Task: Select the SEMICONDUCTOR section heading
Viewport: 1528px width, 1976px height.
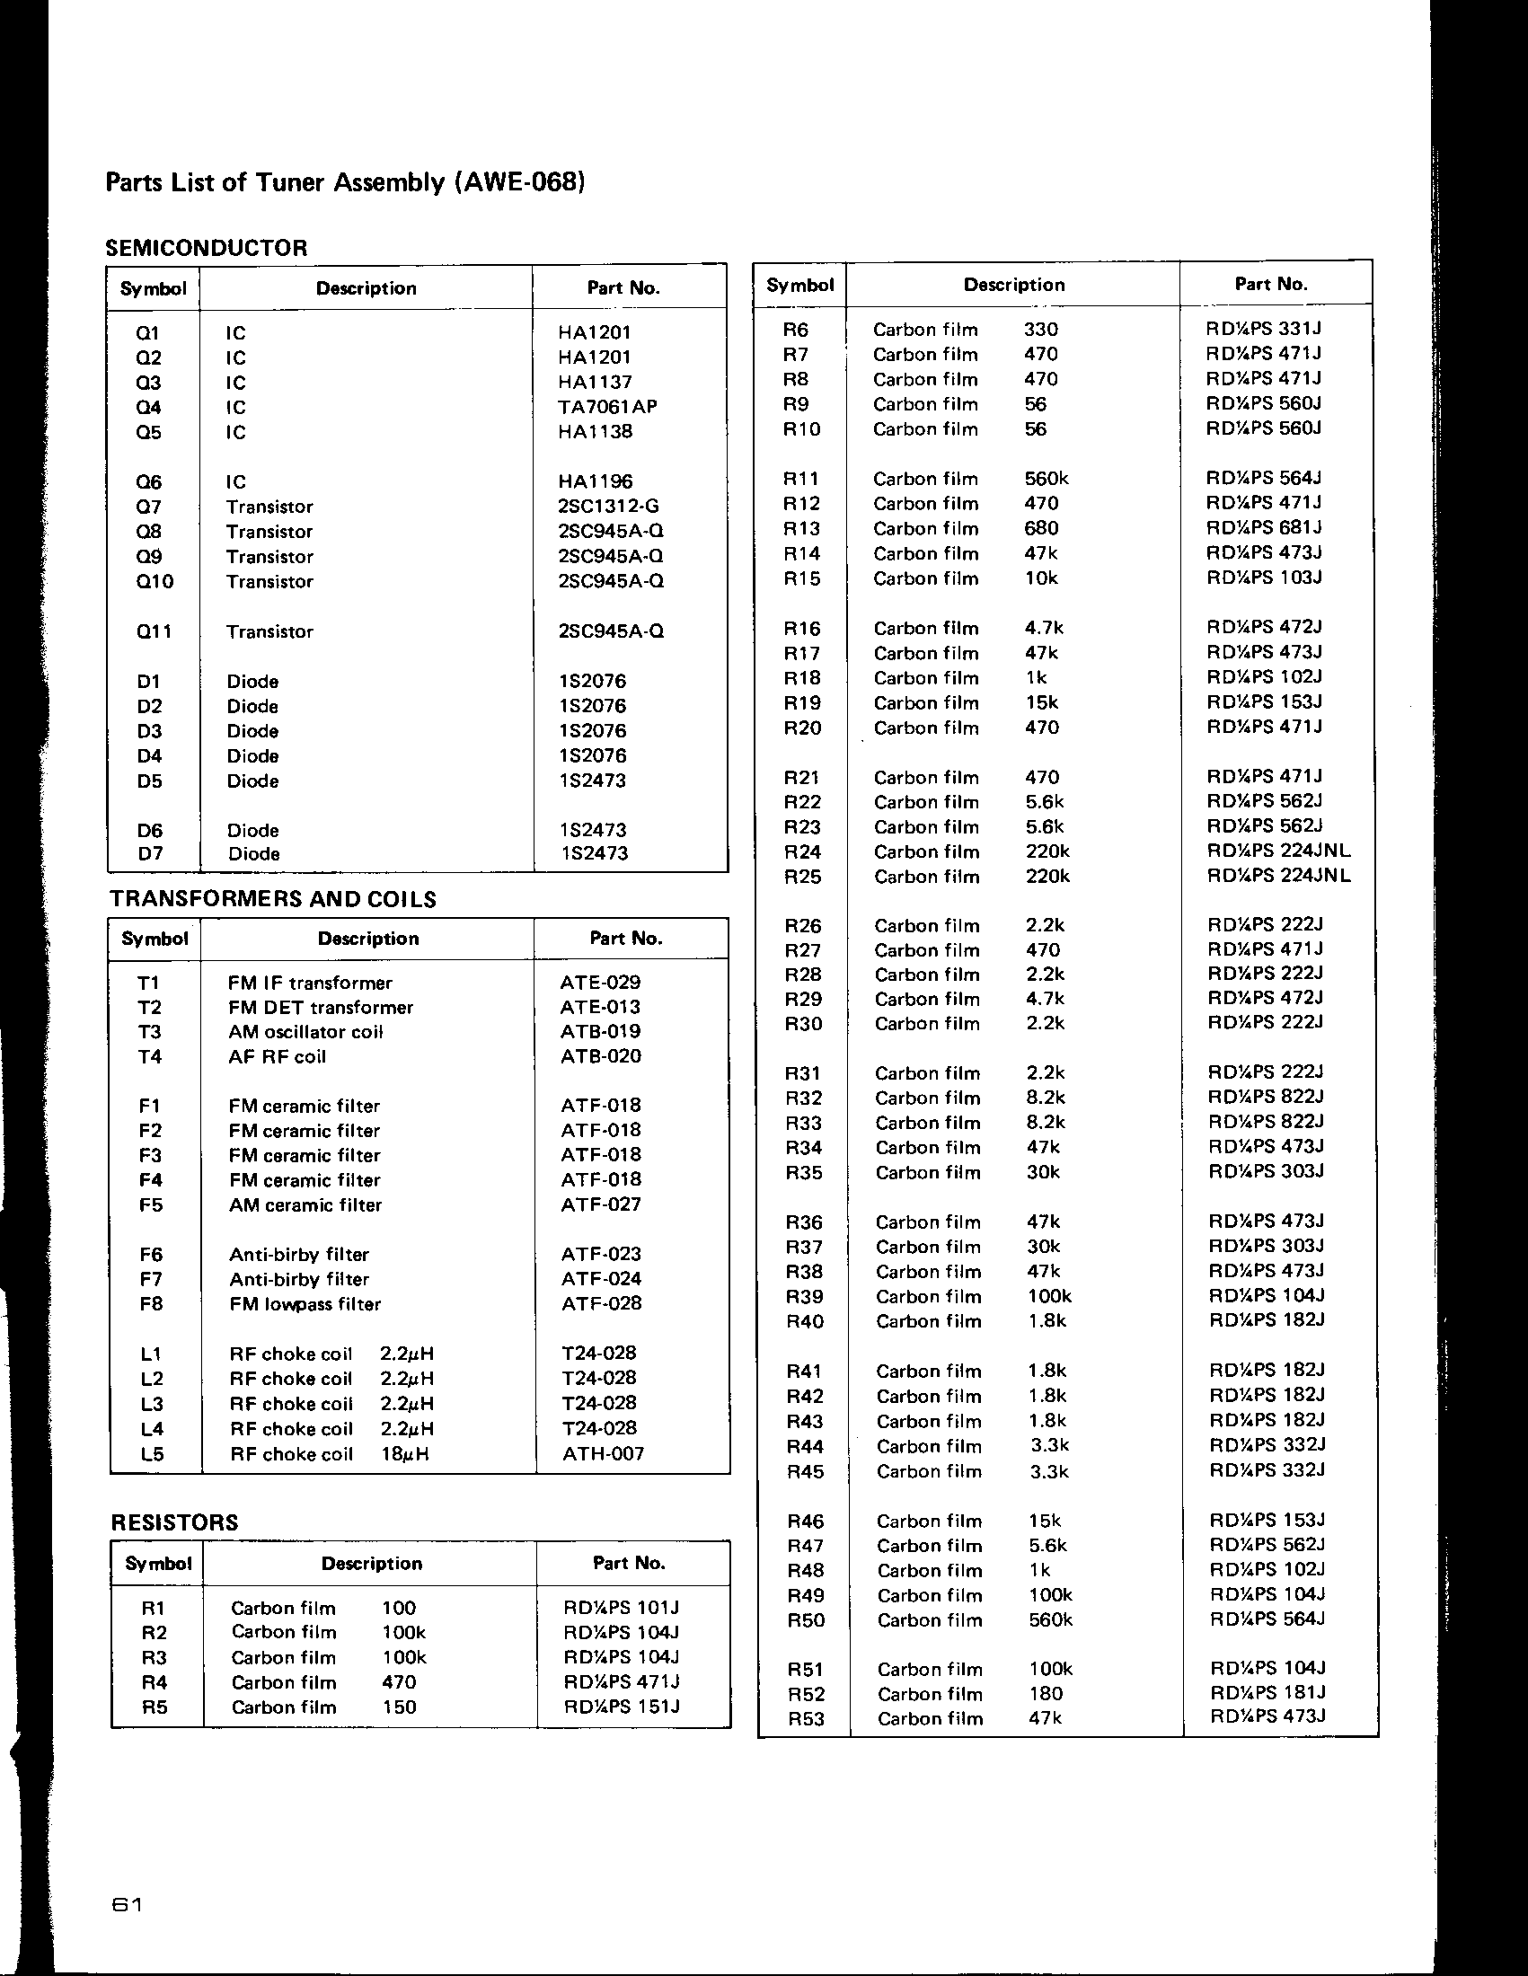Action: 207,247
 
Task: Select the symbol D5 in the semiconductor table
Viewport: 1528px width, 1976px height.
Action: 149,781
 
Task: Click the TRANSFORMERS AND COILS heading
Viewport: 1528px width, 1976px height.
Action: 272,898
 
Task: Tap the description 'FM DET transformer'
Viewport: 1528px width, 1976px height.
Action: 321,1007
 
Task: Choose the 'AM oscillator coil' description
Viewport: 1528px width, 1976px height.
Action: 305,1031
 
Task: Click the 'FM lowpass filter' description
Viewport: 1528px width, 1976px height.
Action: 305,1304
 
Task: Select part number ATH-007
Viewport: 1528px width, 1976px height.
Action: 603,1454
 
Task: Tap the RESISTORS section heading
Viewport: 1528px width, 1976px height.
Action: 174,1522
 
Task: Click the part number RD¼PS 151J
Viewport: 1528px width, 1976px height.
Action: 621,1707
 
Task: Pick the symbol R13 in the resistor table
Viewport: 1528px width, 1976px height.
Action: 801,528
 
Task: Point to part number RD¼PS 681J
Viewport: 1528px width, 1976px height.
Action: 1265,527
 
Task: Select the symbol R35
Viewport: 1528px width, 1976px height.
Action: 803,1174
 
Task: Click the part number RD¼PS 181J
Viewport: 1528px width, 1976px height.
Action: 1267,1692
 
